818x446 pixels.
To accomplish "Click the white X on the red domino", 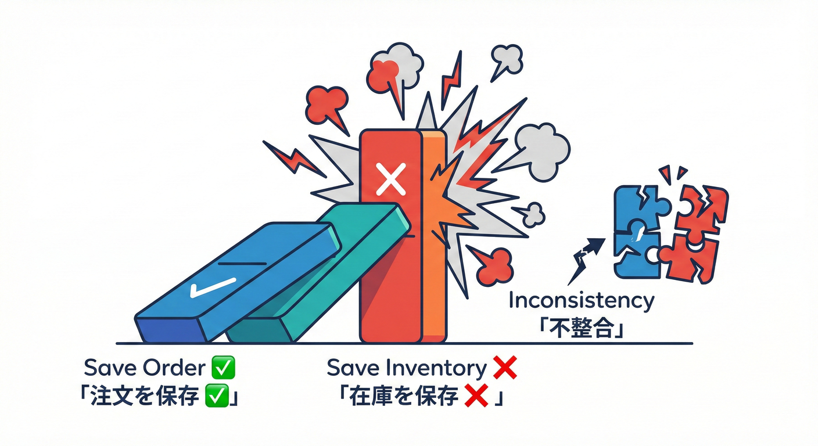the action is tap(391, 179).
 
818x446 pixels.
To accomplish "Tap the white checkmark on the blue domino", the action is tap(213, 287).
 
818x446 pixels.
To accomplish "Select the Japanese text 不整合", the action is tap(580, 328).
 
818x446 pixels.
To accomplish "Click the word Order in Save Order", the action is tap(174, 368).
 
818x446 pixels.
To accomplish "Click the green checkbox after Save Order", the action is tap(223, 368).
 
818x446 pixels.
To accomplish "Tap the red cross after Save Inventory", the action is tap(505, 368).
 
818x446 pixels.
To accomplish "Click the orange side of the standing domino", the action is tap(434, 238).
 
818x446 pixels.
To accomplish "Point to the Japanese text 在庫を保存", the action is tap(404, 396).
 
